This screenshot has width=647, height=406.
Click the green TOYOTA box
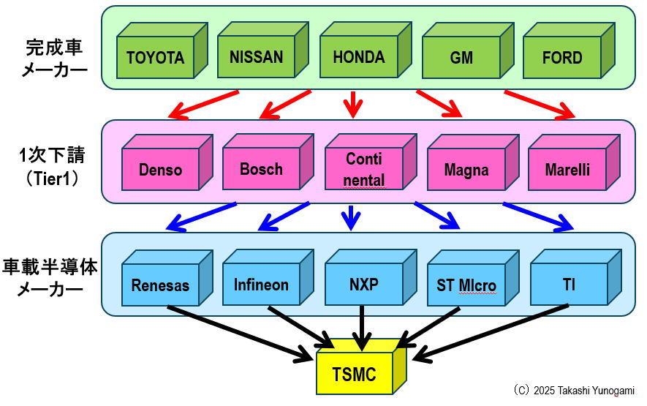[155, 57]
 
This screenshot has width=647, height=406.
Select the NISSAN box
[256, 57]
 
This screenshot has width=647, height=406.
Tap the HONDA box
[358, 57]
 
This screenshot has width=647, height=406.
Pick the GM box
[461, 58]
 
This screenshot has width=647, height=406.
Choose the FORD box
[562, 58]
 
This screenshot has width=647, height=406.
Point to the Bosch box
[261, 169]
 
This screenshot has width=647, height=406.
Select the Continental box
[364, 169]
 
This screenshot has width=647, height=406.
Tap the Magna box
[466, 170]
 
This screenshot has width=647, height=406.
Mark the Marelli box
[567, 170]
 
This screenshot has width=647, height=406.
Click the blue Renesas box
[160, 285]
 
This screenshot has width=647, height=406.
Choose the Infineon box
[261, 285]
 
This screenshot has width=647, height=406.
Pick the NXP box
[364, 285]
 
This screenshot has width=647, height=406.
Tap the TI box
[569, 285]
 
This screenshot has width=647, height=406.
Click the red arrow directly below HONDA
[353, 104]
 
